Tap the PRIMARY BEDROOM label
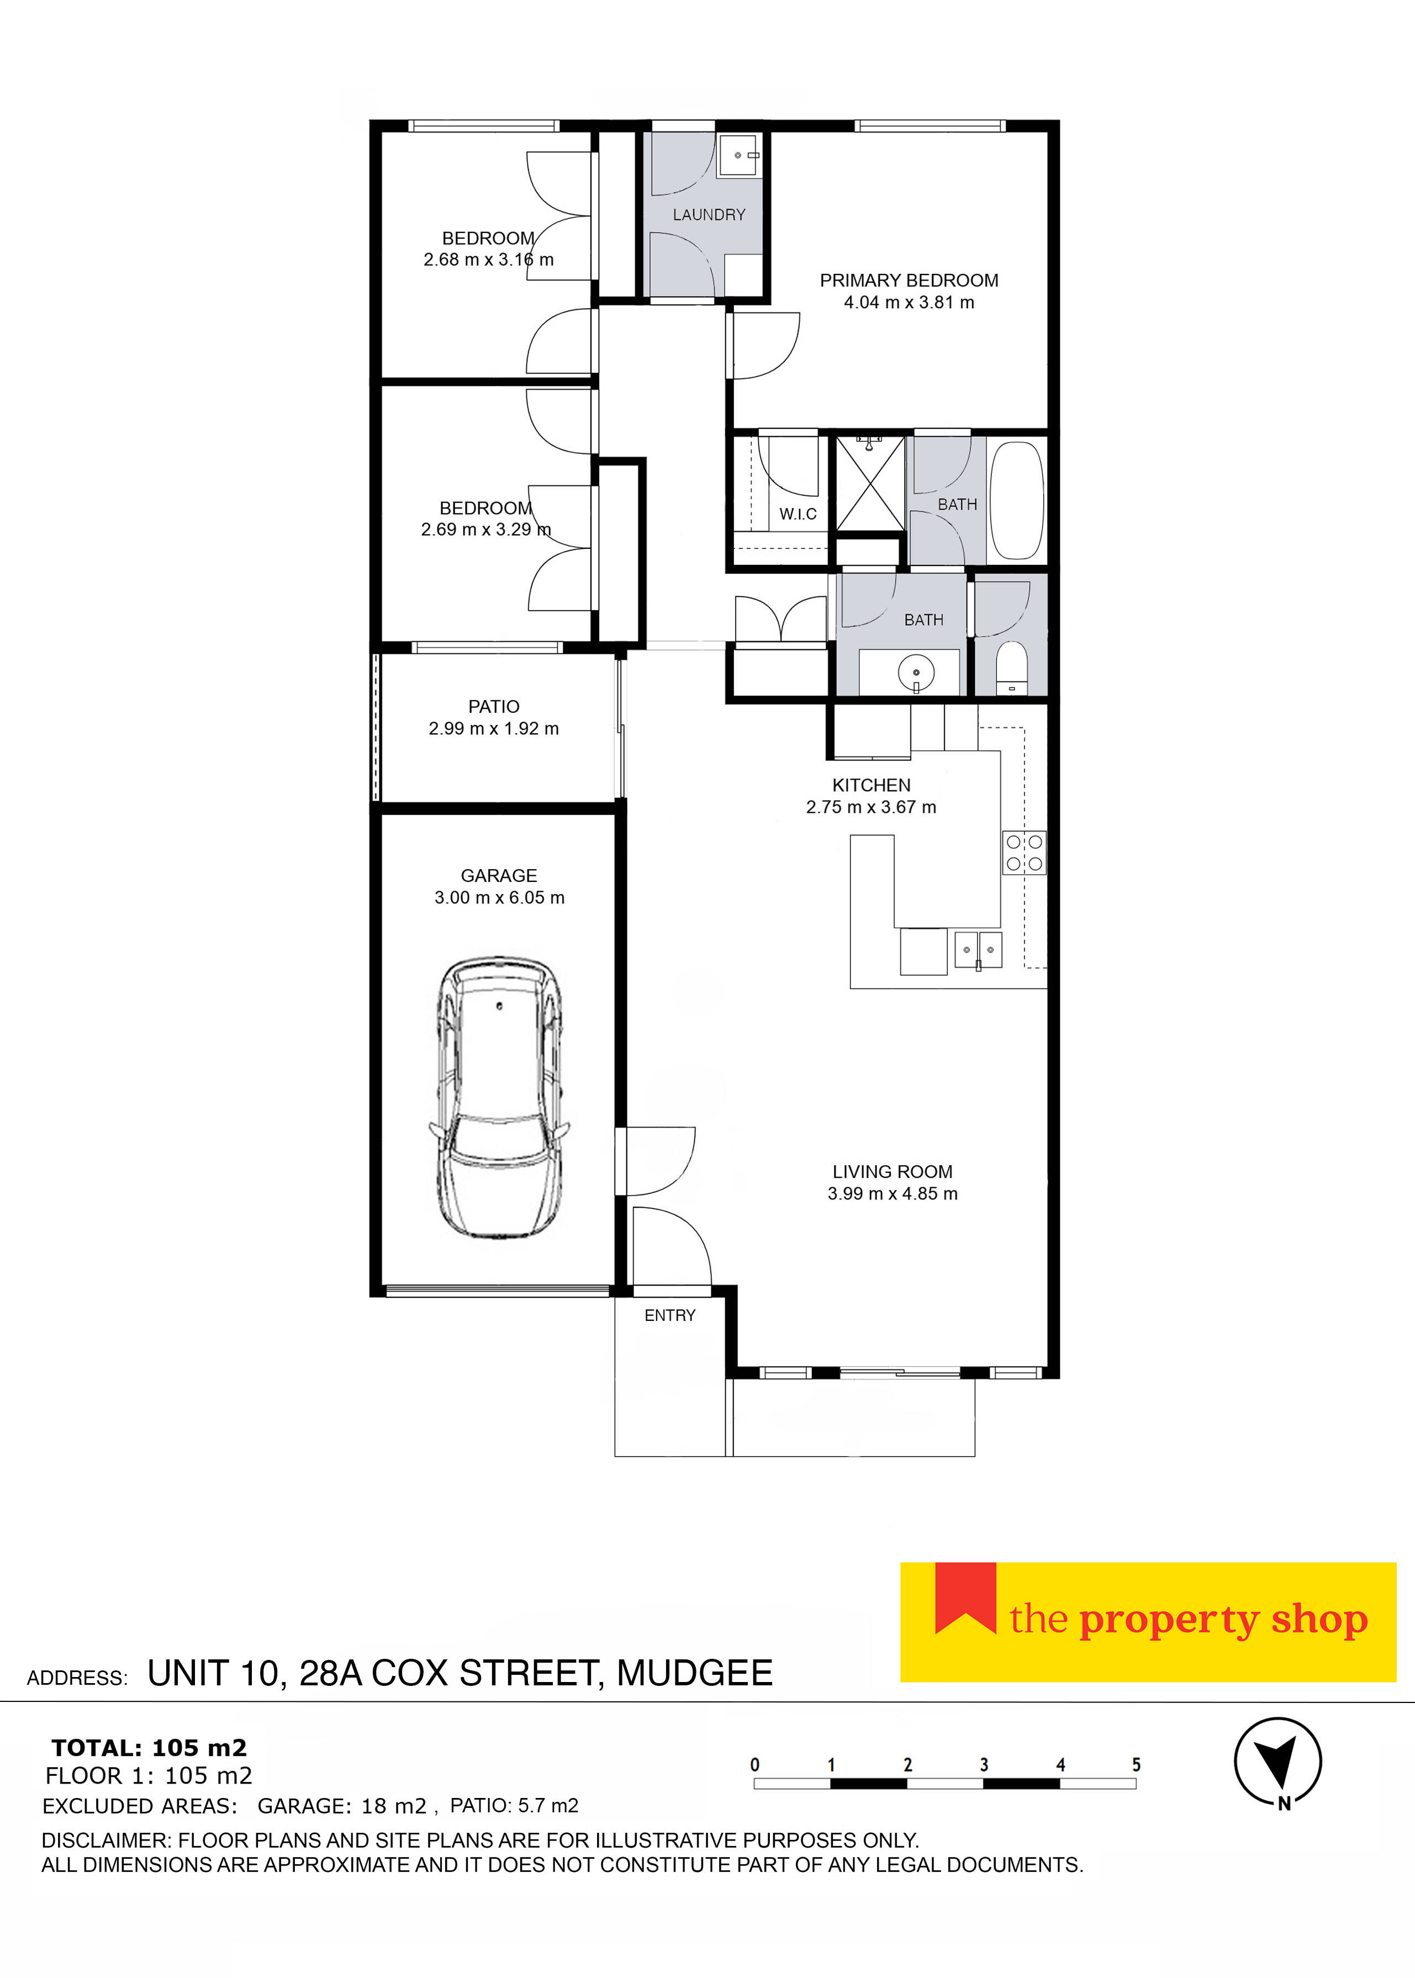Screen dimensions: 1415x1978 (x=909, y=281)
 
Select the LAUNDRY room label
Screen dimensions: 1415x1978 (x=709, y=214)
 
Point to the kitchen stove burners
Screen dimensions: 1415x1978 (x=1024, y=853)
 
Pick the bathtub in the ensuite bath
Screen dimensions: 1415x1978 (x=1017, y=502)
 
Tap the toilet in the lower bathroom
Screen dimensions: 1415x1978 (x=1012, y=668)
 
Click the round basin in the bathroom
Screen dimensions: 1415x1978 (x=916, y=673)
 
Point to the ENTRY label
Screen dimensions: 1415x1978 (x=669, y=1315)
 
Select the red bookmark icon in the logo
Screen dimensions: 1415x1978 (x=965, y=1598)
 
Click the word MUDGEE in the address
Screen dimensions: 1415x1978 (x=694, y=1673)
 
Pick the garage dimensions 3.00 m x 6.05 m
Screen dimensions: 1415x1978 (x=499, y=897)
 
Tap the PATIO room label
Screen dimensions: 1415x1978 (x=493, y=706)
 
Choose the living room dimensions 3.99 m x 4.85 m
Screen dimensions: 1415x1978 (x=892, y=1193)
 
